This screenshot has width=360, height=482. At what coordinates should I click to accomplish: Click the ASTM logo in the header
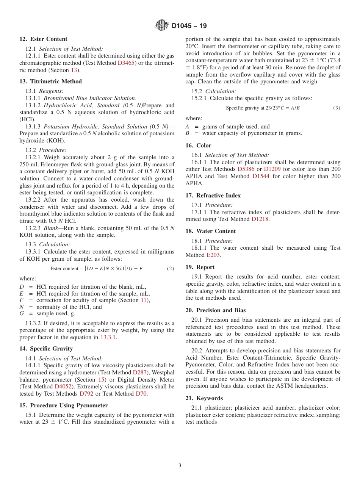pyautogui.click(x=162, y=26)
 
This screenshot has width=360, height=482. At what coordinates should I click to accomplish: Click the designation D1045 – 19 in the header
pyautogui.click(x=189, y=26)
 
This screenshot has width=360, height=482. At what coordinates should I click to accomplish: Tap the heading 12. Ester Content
pyautogui.click(x=43, y=39)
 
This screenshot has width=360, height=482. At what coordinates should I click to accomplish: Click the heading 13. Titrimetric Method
pyautogui.click(x=50, y=81)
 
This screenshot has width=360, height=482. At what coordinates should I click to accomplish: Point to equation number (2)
pyautogui.click(x=171, y=269)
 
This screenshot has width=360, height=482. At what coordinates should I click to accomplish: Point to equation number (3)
pyautogui.click(x=337, y=108)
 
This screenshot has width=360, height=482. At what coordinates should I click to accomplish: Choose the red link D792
pyautogui.click(x=86, y=394)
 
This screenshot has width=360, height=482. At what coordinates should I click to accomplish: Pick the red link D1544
pyautogui.click(x=261, y=176)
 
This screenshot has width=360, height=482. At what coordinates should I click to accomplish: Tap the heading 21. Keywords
pyautogui.click(x=204, y=398)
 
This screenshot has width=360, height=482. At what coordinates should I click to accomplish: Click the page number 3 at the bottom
pyautogui.click(x=180, y=466)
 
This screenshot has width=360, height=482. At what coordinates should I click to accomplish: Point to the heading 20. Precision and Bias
pyautogui.click(x=215, y=310)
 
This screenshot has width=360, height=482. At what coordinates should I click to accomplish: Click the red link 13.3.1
pyautogui.click(x=108, y=337)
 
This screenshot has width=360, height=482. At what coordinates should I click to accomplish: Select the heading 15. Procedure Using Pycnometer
pyautogui.click(x=64, y=405)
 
